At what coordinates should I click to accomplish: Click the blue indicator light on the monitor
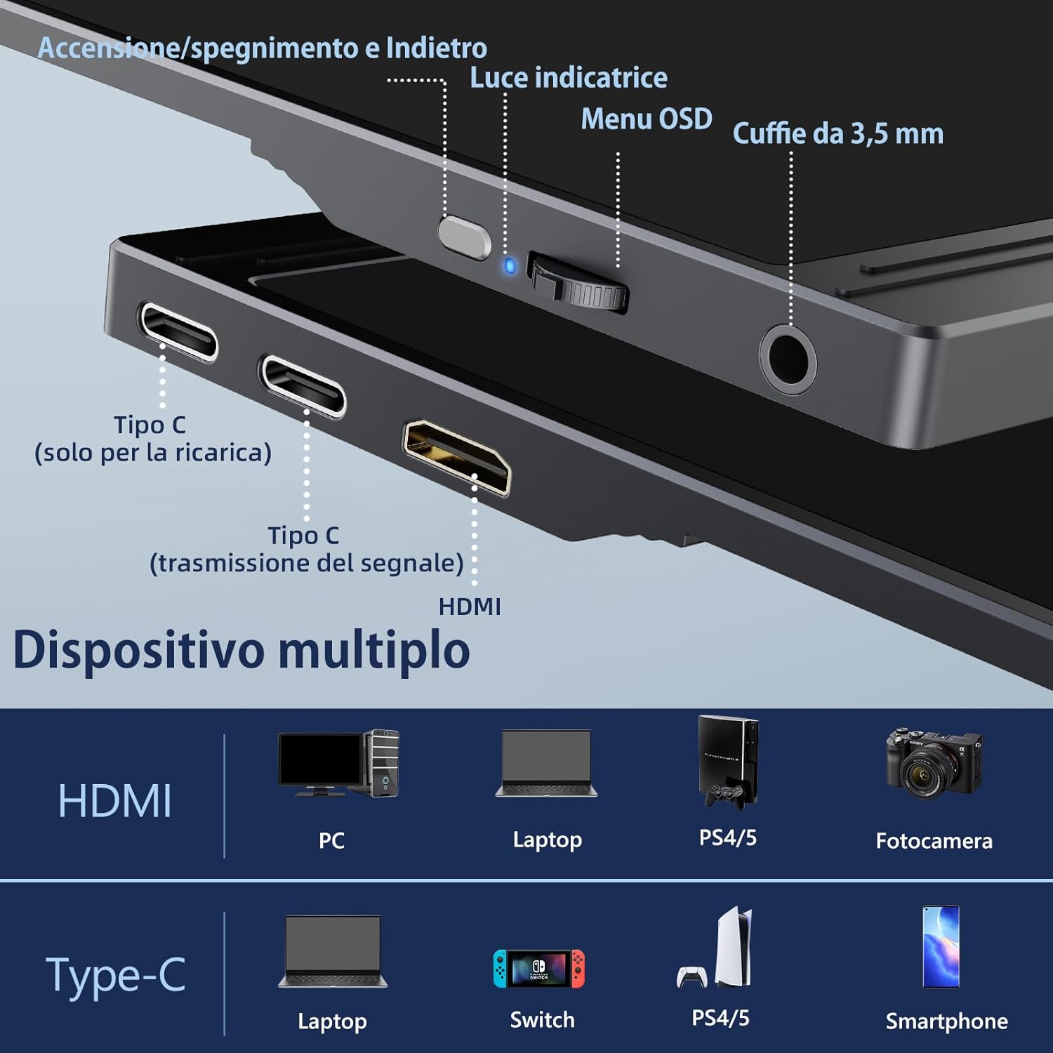(x=510, y=266)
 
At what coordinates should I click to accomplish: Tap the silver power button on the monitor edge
(x=464, y=237)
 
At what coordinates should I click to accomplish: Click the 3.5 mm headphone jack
(x=788, y=357)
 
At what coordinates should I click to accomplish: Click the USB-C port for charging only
(x=178, y=331)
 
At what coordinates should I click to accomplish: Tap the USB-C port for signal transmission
(x=303, y=385)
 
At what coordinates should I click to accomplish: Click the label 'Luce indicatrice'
(x=568, y=77)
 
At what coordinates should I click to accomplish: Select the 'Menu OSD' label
(x=646, y=119)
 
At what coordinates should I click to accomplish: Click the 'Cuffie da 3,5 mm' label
(x=837, y=133)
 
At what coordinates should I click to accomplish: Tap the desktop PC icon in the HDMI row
(x=338, y=763)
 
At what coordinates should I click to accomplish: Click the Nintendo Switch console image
(x=538, y=968)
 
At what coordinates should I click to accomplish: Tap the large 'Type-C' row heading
(x=116, y=975)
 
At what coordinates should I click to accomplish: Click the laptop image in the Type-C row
(x=333, y=952)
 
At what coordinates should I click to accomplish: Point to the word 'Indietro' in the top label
(x=436, y=48)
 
